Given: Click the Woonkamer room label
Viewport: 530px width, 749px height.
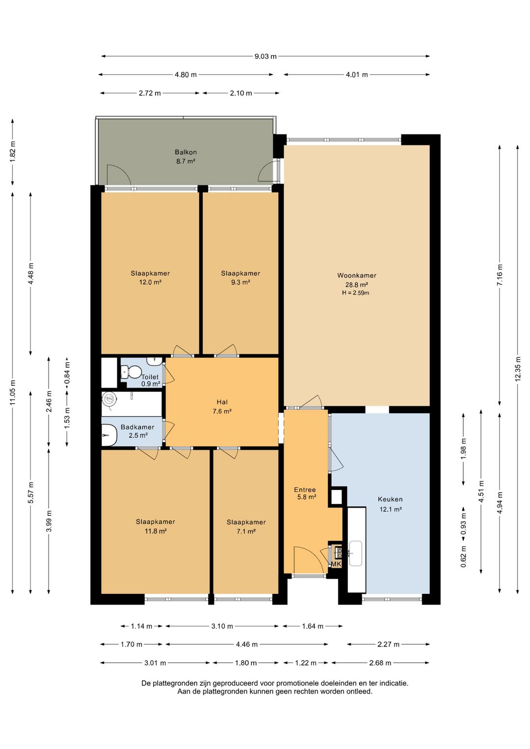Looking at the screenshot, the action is click(356, 275).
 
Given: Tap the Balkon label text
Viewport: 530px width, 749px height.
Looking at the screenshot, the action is click(185, 152).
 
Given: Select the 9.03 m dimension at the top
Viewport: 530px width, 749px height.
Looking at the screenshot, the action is click(265, 56).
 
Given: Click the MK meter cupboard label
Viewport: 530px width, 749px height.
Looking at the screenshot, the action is click(336, 564).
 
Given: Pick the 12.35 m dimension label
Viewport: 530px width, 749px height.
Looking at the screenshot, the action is click(518, 369).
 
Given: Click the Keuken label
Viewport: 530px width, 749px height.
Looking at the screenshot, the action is click(390, 500).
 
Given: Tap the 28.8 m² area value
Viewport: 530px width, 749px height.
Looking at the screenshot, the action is click(356, 285).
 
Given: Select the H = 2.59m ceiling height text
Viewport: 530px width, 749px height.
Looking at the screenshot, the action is click(355, 293).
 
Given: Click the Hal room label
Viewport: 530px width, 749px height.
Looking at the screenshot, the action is click(222, 402).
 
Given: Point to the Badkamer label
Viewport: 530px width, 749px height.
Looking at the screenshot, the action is click(137, 427).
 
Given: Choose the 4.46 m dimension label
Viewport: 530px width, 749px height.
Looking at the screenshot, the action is click(247, 644).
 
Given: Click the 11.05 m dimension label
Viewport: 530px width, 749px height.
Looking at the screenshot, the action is click(13, 393).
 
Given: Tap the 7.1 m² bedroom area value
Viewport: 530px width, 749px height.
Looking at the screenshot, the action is click(246, 532).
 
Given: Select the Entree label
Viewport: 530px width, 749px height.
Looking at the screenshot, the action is click(305, 490).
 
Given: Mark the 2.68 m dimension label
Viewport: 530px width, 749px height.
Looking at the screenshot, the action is click(380, 663).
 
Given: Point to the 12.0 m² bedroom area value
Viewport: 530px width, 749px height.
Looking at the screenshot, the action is click(150, 282).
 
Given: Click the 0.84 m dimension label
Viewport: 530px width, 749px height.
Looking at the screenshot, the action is click(67, 373).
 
